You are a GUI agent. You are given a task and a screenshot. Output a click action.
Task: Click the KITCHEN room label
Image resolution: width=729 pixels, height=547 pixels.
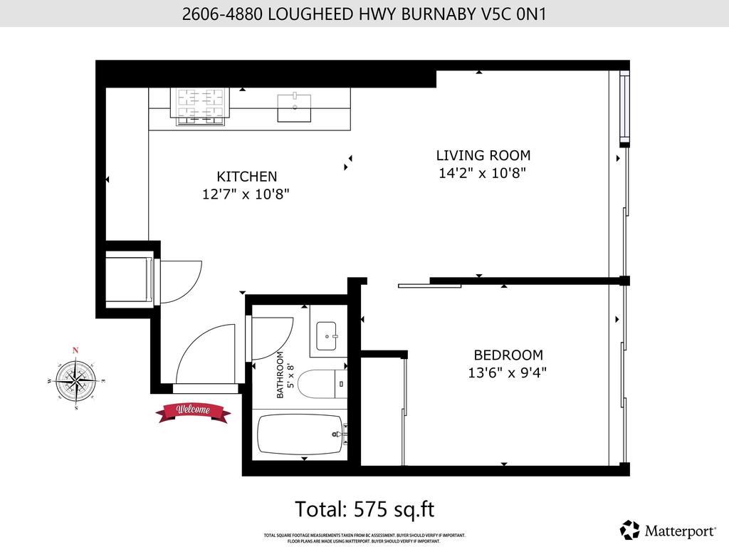(x=246, y=176)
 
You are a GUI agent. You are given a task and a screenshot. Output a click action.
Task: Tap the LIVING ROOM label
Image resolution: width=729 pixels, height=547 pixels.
(x=483, y=155)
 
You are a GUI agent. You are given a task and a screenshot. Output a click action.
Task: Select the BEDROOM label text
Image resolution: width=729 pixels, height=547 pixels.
(x=508, y=355)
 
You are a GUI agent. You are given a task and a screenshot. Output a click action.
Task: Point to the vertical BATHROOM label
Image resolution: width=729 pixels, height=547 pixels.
(x=280, y=375)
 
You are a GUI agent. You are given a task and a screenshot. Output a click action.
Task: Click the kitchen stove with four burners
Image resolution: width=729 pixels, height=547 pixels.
(x=197, y=106)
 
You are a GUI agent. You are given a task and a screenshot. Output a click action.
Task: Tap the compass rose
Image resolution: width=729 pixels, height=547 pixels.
(x=75, y=379)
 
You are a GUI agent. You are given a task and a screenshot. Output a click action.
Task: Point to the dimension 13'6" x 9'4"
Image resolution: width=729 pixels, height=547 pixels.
(x=508, y=372)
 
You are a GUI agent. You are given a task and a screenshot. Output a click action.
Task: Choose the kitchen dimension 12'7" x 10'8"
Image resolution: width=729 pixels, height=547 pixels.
(x=246, y=194)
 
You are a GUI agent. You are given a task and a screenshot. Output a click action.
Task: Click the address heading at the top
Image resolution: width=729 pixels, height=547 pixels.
(x=364, y=14)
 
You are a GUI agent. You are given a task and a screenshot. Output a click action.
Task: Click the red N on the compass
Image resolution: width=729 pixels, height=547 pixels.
(x=75, y=350)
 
